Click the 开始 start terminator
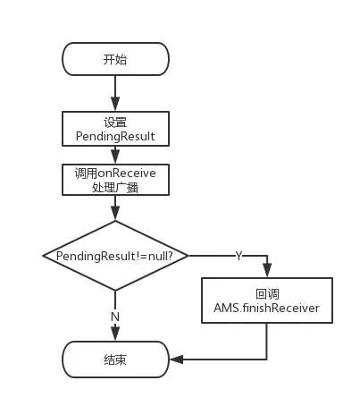(115, 59)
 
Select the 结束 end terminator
(115, 359)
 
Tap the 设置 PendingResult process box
(115, 129)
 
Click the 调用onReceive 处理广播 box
(115, 180)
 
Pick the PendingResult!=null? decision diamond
(115, 256)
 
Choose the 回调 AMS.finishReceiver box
(267, 300)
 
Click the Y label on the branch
(239, 256)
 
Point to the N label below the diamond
(115, 317)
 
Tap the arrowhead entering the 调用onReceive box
(115, 156)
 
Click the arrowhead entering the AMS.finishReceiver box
(267, 271)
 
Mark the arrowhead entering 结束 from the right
(176, 359)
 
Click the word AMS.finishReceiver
(266, 308)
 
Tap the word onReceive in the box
(127, 173)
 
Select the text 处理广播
(115, 188)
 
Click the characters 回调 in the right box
(267, 294)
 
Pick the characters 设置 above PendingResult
(115, 123)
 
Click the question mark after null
(170, 256)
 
